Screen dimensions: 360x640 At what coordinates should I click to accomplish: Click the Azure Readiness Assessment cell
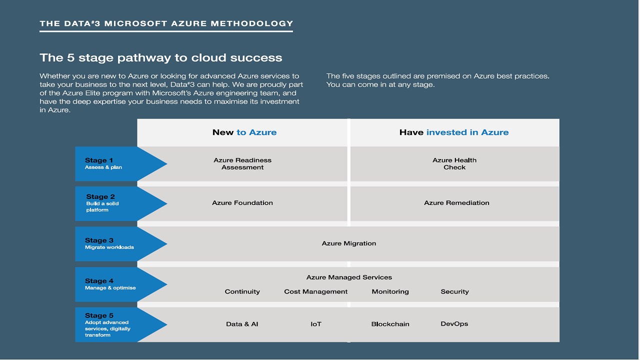242,163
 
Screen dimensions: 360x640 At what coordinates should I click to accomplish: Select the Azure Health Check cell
454,163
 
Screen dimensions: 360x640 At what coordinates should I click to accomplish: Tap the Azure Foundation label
242,203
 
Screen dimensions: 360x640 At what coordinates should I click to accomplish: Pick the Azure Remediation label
456,203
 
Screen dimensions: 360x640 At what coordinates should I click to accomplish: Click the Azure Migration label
349,243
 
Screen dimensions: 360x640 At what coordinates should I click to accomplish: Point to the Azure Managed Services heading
349,277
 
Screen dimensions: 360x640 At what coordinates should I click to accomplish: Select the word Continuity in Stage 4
242,292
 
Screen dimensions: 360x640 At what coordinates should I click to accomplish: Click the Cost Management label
316,292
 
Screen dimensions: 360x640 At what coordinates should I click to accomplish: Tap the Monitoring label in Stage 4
390,292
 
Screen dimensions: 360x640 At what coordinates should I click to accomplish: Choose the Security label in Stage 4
454,292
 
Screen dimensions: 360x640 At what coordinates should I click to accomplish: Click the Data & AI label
242,324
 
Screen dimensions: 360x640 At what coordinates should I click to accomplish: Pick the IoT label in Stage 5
316,324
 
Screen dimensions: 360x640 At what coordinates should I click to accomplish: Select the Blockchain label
390,324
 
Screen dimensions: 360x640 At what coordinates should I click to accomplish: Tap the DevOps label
454,324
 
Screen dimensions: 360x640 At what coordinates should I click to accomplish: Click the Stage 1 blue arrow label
115,163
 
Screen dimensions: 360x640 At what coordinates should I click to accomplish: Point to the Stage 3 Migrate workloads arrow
115,243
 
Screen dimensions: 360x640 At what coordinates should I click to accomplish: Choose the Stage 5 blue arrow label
115,324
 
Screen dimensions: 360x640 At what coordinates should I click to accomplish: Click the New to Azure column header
244,132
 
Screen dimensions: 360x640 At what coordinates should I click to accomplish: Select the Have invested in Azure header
454,132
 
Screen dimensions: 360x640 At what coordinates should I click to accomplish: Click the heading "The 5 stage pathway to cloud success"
161,58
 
